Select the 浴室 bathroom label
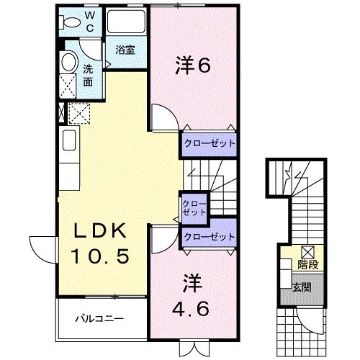(125, 50)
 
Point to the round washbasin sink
(69, 62)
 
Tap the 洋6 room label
(192, 66)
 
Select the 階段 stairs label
(307, 264)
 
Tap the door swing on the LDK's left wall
(41, 248)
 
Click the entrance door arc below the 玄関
(310, 317)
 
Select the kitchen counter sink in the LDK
(68, 140)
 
